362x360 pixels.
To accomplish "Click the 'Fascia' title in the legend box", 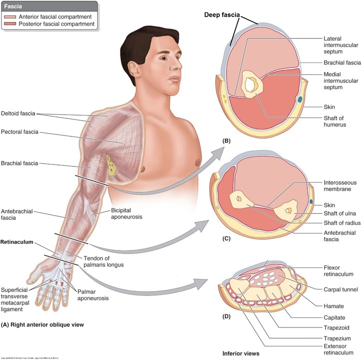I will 14,7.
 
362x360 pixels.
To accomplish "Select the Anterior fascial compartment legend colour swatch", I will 11,16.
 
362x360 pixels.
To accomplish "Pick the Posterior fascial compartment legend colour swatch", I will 11,23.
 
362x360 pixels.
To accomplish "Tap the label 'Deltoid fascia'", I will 18,113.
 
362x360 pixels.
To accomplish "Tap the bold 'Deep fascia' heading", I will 220,14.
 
